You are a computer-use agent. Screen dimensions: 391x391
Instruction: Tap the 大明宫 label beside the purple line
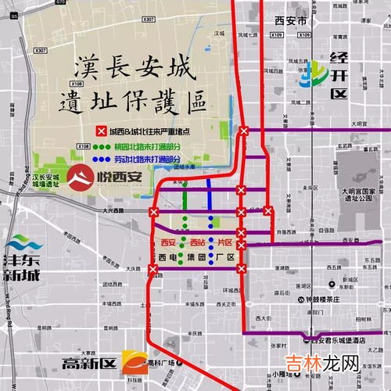click(359, 124)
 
